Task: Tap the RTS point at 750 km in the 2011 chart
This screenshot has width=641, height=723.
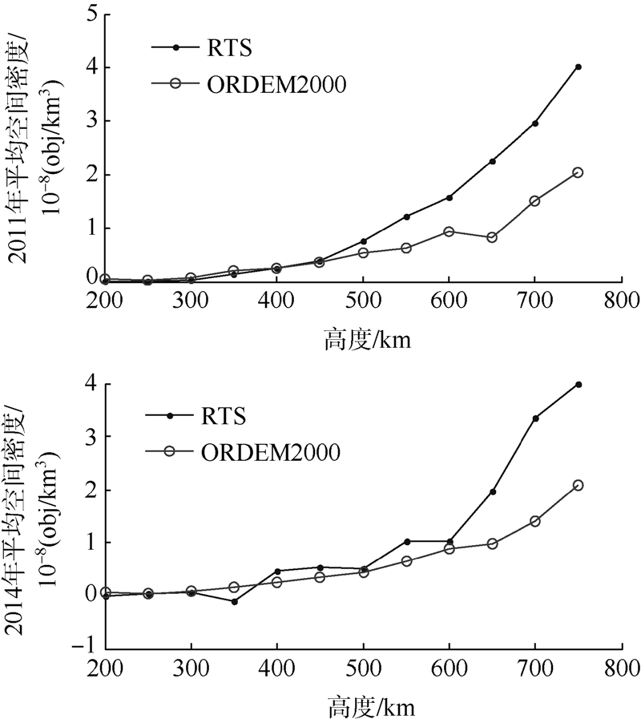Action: pos(579,67)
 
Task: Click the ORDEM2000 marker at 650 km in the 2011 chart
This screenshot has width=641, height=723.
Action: pos(492,237)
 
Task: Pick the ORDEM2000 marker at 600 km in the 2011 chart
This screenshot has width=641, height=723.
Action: pos(449,232)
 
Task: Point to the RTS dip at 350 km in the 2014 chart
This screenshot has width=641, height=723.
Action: pos(234,601)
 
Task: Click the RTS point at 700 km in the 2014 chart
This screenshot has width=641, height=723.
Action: pos(535,418)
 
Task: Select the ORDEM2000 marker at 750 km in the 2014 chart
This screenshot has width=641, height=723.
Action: pos(579,485)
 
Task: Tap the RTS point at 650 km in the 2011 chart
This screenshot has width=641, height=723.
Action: pos(492,161)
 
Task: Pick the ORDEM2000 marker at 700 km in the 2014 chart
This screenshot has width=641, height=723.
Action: pos(535,521)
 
